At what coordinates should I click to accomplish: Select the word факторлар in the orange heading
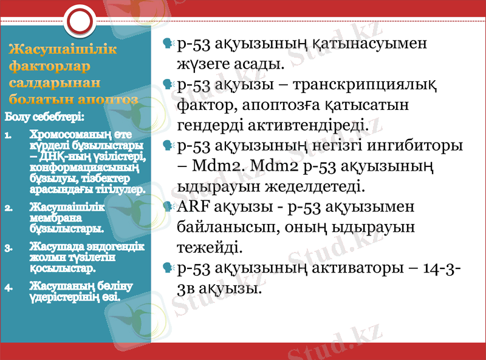50,66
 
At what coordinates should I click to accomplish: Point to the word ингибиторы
417,146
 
